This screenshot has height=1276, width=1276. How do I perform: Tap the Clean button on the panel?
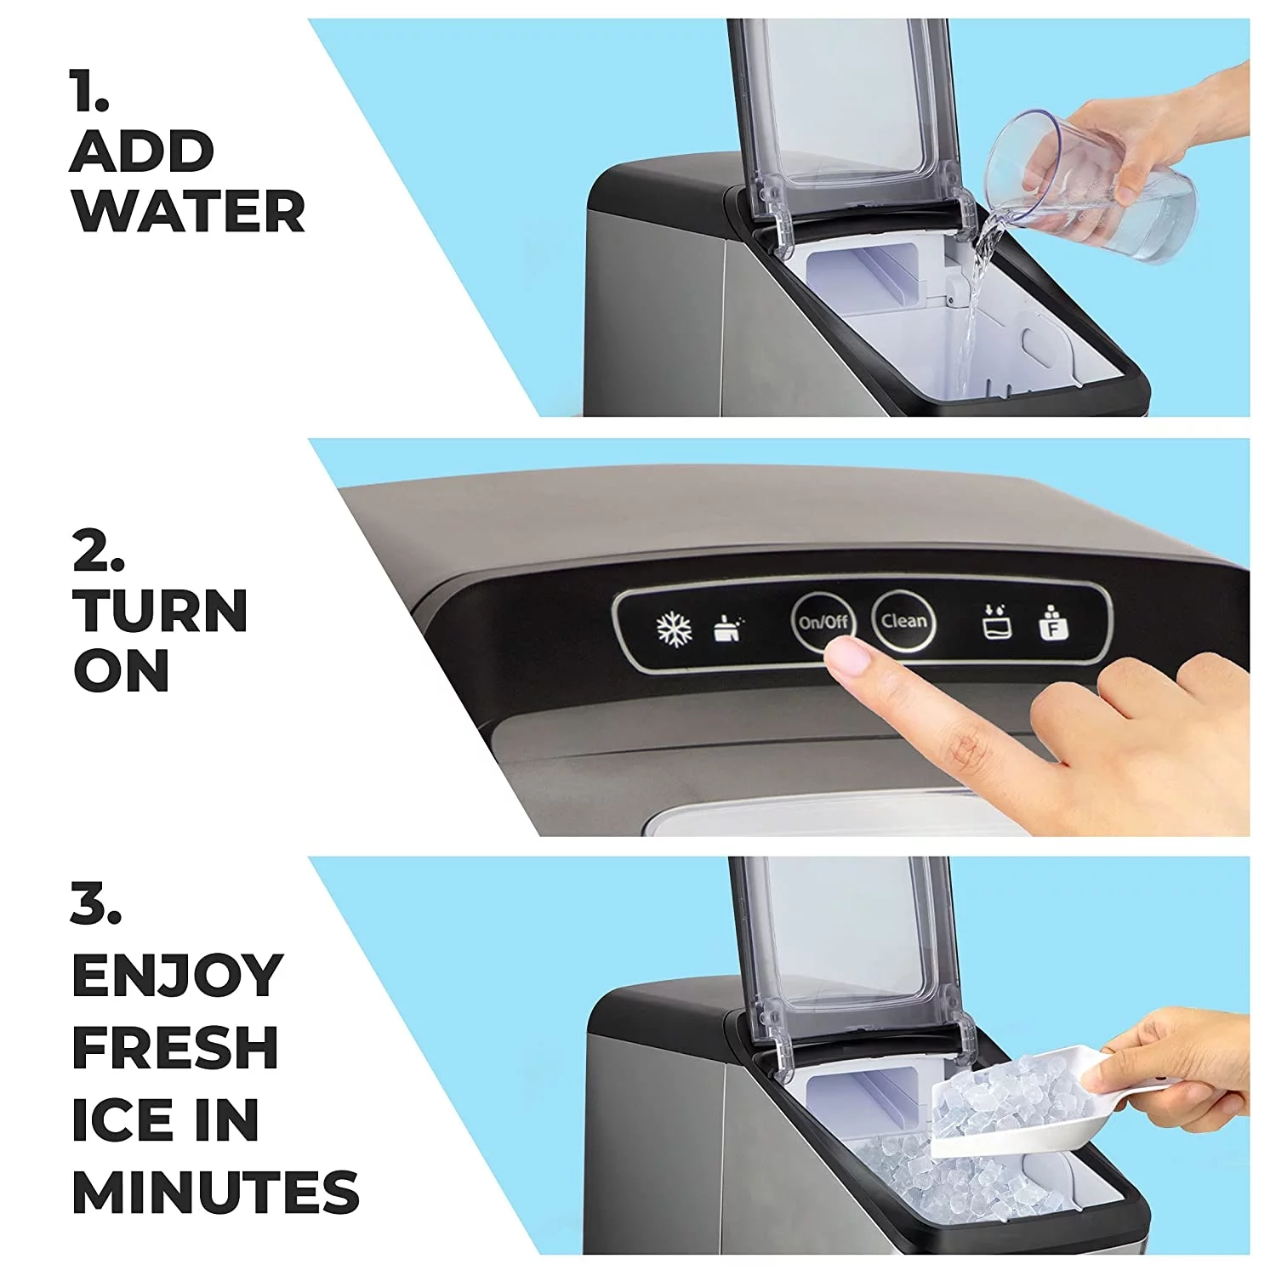point(903,620)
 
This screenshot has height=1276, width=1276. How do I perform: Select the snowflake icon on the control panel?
point(674,629)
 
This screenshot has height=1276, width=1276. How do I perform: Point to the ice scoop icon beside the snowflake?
point(727,628)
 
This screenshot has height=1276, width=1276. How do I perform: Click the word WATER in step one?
point(188,212)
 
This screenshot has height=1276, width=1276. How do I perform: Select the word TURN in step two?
point(160,611)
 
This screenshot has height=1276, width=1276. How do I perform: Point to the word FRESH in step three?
point(175,1047)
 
